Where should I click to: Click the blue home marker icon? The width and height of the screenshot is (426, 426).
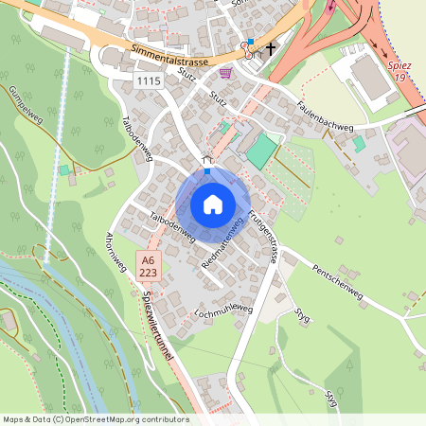(213, 204)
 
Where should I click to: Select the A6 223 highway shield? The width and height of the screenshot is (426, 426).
(147, 266)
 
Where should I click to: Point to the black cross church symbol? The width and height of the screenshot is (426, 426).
(271, 47)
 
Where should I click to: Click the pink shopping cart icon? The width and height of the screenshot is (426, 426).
(224, 72)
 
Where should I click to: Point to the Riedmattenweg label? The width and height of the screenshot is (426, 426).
(222, 244)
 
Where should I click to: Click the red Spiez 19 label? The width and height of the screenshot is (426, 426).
(400, 71)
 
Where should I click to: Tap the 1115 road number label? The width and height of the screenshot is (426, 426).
(149, 82)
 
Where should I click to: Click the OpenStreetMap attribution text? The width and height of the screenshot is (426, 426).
(95, 419)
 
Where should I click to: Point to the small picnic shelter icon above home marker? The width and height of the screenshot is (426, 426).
(207, 161)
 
